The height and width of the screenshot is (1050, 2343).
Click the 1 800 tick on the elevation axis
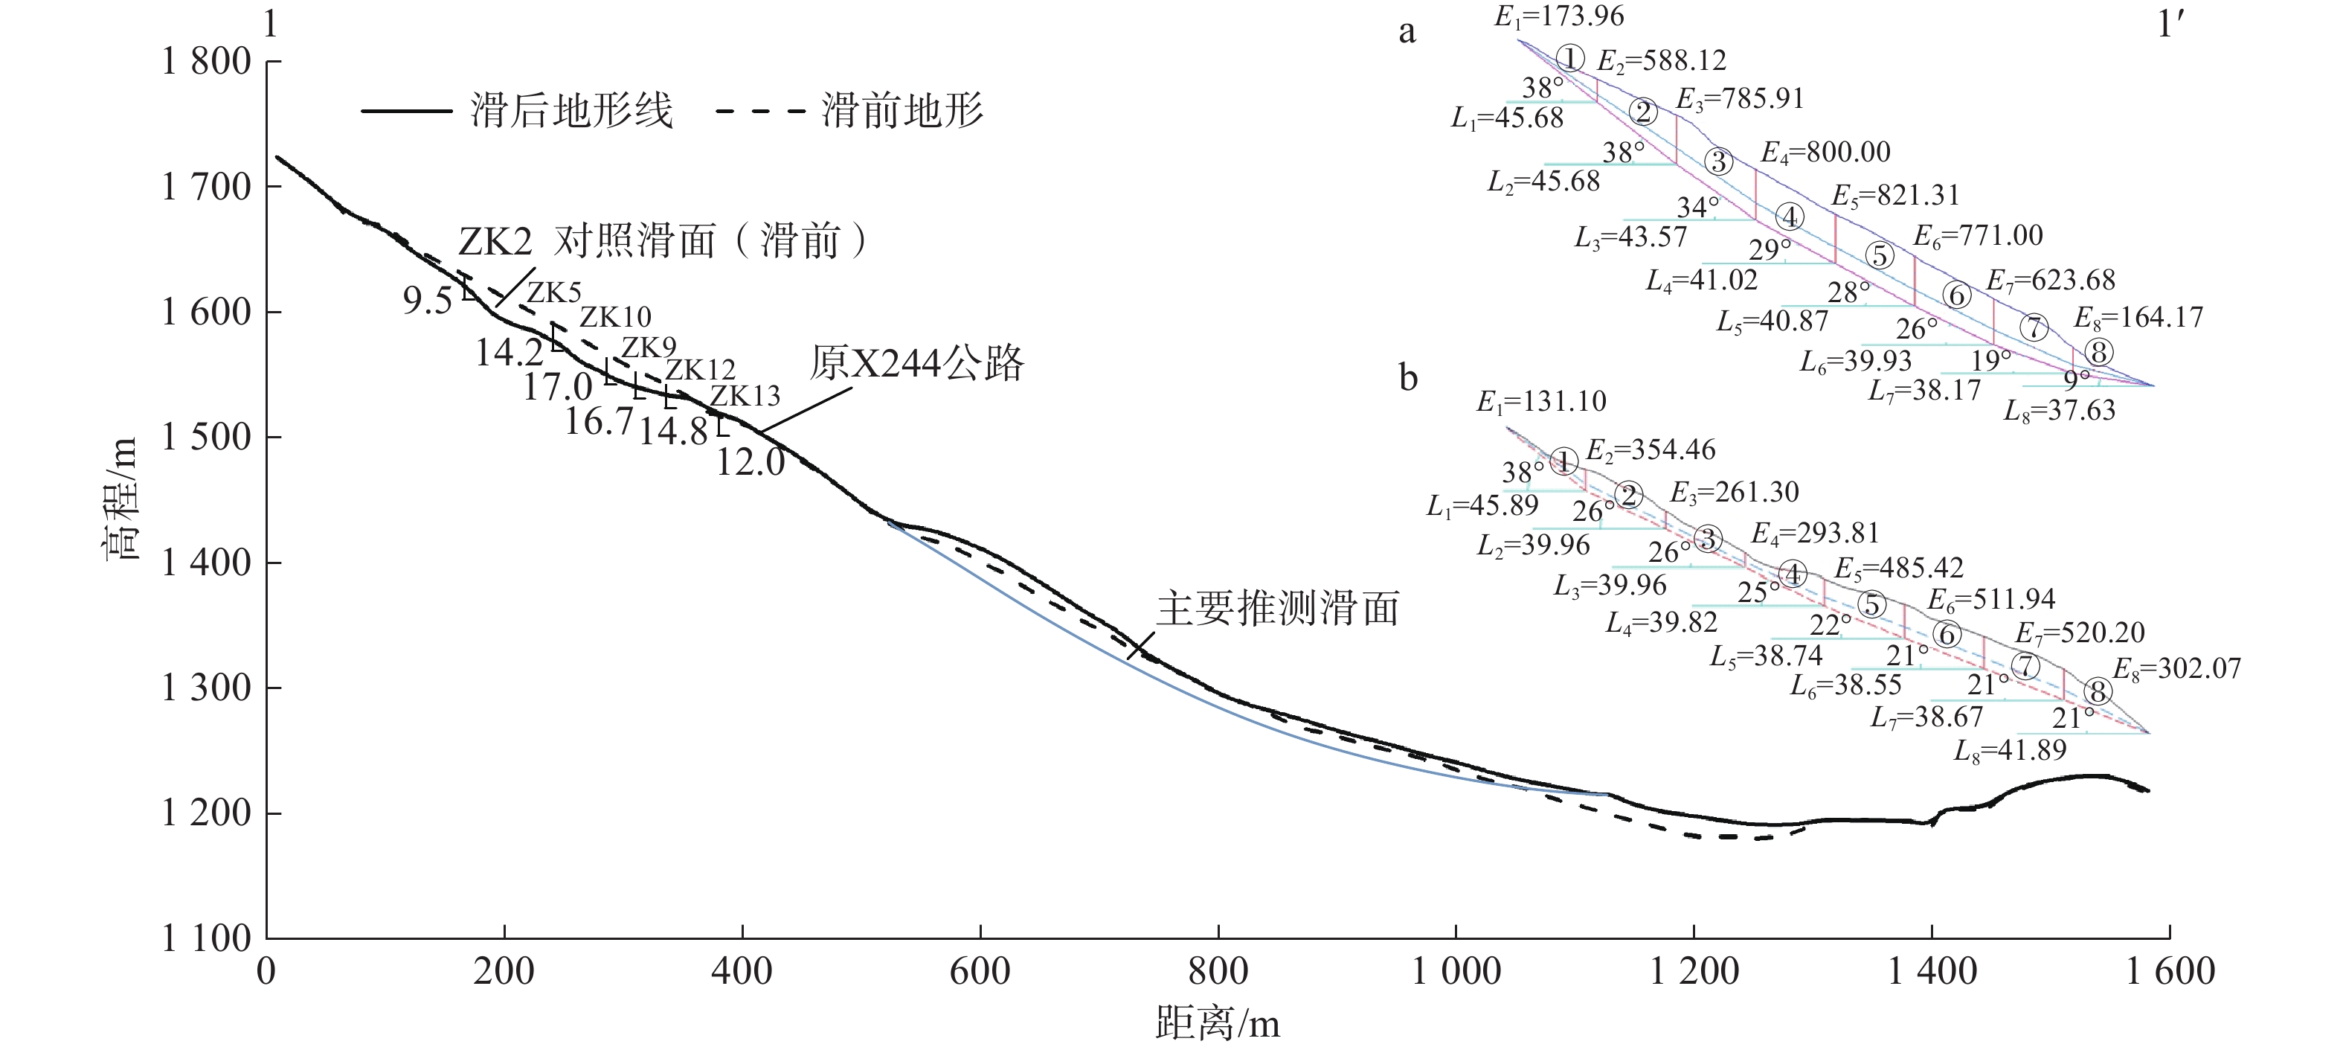207,62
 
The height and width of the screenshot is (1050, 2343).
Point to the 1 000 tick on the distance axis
1456,972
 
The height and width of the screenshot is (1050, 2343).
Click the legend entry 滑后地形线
571,112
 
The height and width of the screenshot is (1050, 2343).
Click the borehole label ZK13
745,396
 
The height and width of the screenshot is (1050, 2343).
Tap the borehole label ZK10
616,317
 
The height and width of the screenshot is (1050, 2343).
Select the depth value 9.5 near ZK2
428,300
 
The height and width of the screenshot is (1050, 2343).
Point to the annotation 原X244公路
917,363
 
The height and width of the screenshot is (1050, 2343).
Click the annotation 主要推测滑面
1277,609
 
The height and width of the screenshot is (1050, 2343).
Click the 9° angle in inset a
2077,377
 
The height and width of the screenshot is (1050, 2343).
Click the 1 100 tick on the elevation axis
207,938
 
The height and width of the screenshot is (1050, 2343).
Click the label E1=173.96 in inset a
1559,16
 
